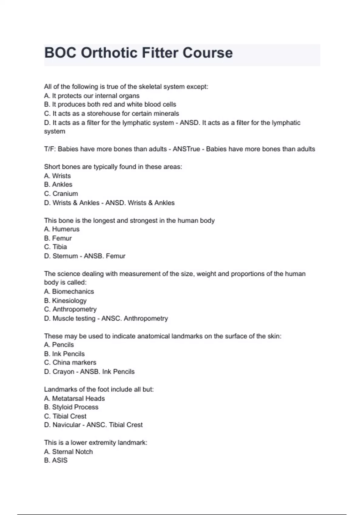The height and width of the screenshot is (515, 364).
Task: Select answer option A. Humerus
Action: pyautogui.click(x=62, y=229)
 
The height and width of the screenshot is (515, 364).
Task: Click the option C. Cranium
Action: pyautogui.click(x=61, y=194)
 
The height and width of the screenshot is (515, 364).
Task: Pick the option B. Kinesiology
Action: pyautogui.click(x=65, y=301)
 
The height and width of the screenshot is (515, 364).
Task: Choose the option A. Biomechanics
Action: pyautogui.click(x=69, y=291)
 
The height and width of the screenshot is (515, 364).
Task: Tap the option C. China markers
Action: pyautogui.click(x=70, y=363)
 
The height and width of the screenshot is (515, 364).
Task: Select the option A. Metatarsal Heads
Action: pyautogui.click(x=74, y=398)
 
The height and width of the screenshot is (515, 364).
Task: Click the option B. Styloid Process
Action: pyautogui.click(x=71, y=407)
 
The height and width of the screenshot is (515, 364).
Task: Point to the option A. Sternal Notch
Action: pyautogui.click(x=68, y=452)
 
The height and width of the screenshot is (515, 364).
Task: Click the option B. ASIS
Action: pyautogui.click(x=56, y=460)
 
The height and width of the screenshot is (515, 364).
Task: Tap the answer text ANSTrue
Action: pyautogui.click(x=186, y=149)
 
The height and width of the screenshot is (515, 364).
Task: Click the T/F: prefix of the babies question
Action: pyautogui.click(x=50, y=149)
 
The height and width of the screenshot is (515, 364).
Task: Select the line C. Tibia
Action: pyautogui.click(x=56, y=247)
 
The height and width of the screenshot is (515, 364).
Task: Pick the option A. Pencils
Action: pyautogui.click(x=59, y=345)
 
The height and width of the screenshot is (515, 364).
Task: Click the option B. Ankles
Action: pyautogui.click(x=58, y=184)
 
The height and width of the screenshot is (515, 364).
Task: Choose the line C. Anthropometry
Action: pyautogui.click(x=70, y=309)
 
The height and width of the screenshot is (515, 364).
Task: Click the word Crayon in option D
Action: pyautogui.click(x=63, y=372)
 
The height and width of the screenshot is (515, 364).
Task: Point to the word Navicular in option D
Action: pyautogui.click(x=66, y=425)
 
